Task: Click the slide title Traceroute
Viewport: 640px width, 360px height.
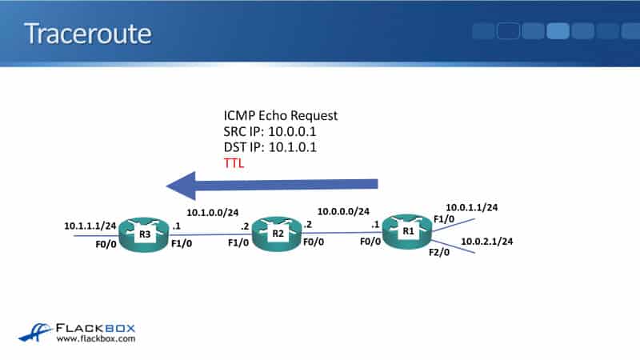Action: coord(88,34)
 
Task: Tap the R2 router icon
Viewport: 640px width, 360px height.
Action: coord(278,233)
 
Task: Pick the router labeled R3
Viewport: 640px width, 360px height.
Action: coord(145,234)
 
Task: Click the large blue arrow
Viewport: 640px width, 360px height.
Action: coord(272,186)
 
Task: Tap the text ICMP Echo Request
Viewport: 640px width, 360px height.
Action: coord(281,115)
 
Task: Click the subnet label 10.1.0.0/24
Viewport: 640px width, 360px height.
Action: coord(212,214)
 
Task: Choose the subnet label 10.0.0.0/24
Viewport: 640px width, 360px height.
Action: coord(343,212)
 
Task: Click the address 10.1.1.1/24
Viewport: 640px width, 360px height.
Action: coord(90,226)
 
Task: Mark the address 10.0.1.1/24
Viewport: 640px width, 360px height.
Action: coord(472,207)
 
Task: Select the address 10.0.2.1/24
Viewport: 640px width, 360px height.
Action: coord(486,241)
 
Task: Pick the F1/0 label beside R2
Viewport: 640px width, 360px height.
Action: coord(238,242)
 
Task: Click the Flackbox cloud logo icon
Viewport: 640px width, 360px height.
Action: coord(34,331)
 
